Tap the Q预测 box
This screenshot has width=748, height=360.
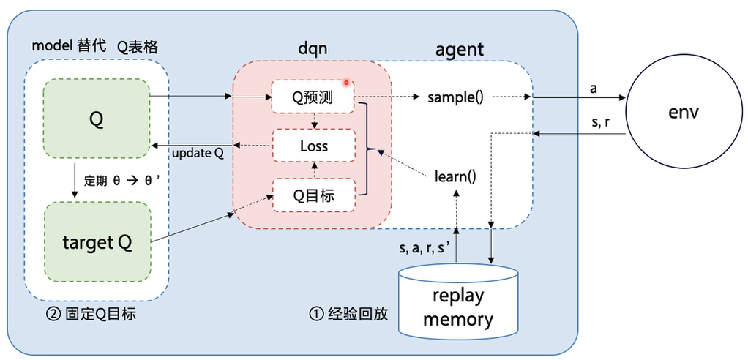pos(313,97)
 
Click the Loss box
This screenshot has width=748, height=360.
pos(313,146)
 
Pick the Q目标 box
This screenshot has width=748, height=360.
pos(313,195)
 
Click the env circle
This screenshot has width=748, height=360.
pos(684,113)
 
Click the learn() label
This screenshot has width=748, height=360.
pos(455,176)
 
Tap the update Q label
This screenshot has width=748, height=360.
pos(197,154)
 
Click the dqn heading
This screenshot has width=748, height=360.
pos(312,49)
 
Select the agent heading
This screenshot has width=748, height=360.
pos(459,49)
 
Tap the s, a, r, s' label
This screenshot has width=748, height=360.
pos(422,248)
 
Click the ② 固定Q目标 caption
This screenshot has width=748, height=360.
pos(91,315)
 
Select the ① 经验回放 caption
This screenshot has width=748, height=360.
pos(348,315)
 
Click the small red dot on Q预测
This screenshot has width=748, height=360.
pos(346,83)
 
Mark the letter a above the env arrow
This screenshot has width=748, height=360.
pos(593,88)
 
